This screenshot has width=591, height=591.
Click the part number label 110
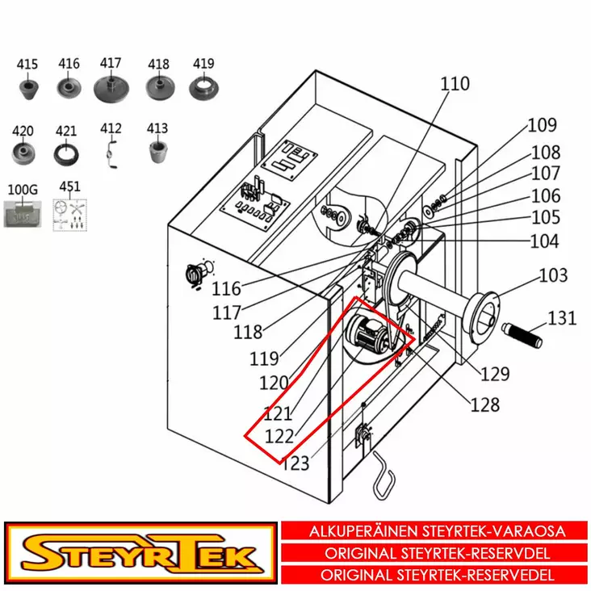click(x=455, y=84)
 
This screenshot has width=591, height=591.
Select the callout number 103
click(x=553, y=276)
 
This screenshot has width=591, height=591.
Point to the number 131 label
click(x=562, y=318)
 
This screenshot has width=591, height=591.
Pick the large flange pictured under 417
click(x=111, y=86)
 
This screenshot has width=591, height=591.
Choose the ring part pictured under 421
click(x=65, y=152)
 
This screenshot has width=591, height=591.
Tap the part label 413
click(x=157, y=128)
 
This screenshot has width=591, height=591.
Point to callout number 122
click(x=279, y=436)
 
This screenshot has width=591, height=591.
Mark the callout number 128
click(x=484, y=404)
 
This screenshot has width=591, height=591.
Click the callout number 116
click(x=227, y=288)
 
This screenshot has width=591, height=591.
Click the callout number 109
click(x=542, y=125)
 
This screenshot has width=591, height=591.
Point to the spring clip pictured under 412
click(x=112, y=152)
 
